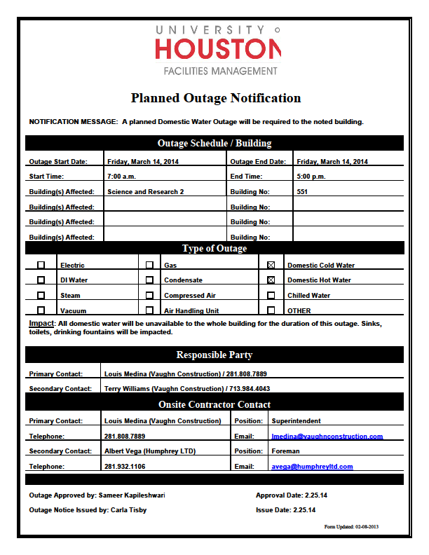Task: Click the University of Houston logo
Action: pyautogui.click(x=217, y=49)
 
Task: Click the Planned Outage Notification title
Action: pyautogui.click(x=215, y=98)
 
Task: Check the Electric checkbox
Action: pyautogui.click(x=41, y=265)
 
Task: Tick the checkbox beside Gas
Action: pyautogui.click(x=149, y=265)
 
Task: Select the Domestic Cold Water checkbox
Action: pyautogui.click(x=271, y=265)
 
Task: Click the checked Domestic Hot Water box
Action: pyautogui.click(x=271, y=280)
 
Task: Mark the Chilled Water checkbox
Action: pyautogui.click(x=271, y=295)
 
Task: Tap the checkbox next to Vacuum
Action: pyautogui.click(x=41, y=310)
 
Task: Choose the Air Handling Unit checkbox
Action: pyautogui.click(x=149, y=310)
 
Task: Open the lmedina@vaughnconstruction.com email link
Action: pyautogui.click(x=327, y=437)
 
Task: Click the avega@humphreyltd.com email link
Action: pyautogui.click(x=312, y=467)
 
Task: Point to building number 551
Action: pyautogui.click(x=302, y=191)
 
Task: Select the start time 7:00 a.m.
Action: pyautogui.click(x=122, y=177)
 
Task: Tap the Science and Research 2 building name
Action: pyautogui.click(x=145, y=191)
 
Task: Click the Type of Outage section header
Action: pyautogui.click(x=214, y=248)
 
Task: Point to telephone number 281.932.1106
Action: pyautogui.click(x=125, y=467)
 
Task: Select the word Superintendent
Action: pyautogui.click(x=296, y=421)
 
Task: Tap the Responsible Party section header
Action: pyautogui.click(x=214, y=355)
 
